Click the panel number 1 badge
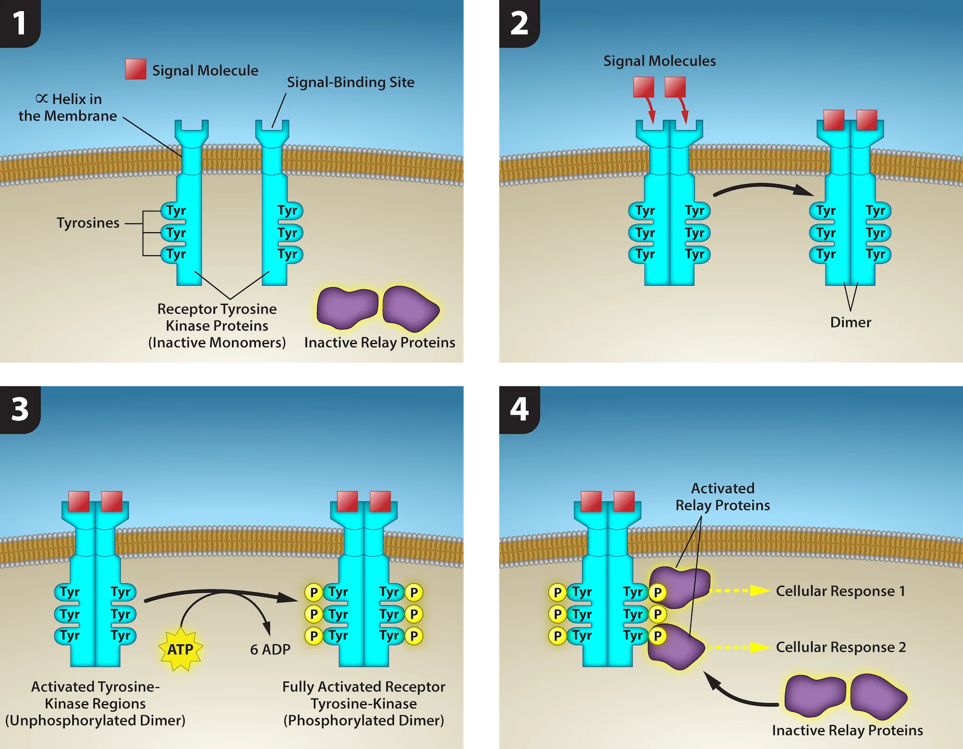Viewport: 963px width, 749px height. tap(19, 24)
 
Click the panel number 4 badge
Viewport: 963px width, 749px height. tap(518, 409)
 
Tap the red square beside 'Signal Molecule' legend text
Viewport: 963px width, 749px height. tap(135, 69)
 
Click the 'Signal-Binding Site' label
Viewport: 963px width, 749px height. tap(350, 82)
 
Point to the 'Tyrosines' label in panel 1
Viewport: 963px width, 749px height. tap(88, 223)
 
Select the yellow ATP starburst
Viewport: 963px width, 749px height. tap(181, 649)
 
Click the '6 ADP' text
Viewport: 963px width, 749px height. tap(270, 649)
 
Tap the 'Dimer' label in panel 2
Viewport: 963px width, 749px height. tap(850, 322)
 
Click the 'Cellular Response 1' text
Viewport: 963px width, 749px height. tap(840, 591)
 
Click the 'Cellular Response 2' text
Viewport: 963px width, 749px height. tap(840, 647)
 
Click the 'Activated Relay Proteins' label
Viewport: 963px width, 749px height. tap(722, 497)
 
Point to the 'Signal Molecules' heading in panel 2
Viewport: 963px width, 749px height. tap(659, 61)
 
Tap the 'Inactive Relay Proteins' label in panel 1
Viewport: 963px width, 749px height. tap(379, 342)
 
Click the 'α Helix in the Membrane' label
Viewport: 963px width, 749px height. tap(68, 108)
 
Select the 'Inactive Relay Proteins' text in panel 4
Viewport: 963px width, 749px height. tap(847, 730)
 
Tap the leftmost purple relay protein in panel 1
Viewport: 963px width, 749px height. tap(347, 308)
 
